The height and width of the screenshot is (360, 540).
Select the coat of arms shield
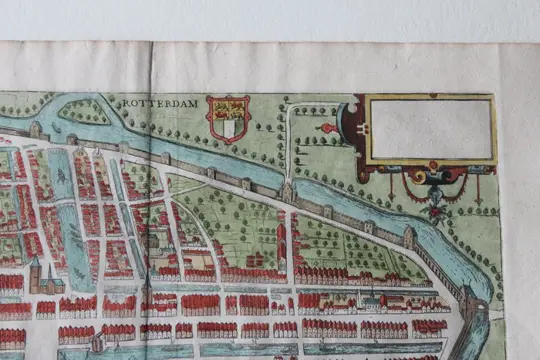(228, 118)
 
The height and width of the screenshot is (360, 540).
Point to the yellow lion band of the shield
(228, 108)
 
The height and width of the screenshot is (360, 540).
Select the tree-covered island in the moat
(85, 111)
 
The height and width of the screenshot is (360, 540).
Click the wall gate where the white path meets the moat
(288, 191)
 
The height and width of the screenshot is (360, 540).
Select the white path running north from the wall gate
(289, 140)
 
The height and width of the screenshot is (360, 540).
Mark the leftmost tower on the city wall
(37, 130)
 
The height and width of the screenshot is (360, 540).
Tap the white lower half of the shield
(229, 128)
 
